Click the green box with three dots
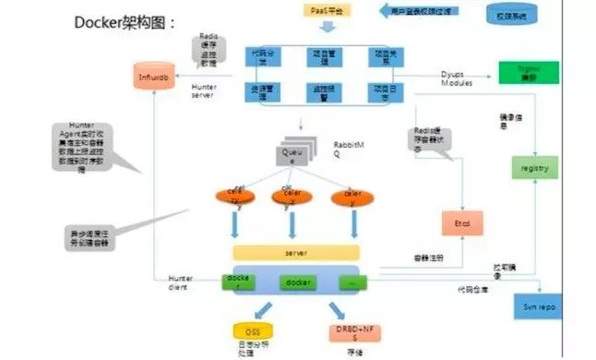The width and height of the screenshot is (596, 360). (353, 281)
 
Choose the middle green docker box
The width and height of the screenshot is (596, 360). (296, 281)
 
